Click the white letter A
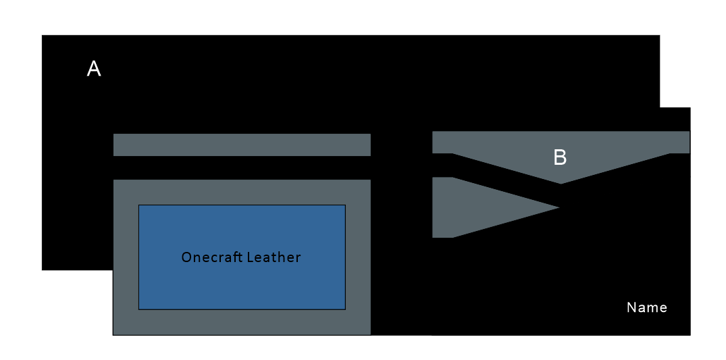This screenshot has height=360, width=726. click(94, 68)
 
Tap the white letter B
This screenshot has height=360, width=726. click(560, 157)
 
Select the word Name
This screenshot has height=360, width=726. click(646, 308)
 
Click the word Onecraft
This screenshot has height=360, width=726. click(211, 257)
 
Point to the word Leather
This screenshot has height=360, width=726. click(274, 257)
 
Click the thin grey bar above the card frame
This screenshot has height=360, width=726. click(242, 145)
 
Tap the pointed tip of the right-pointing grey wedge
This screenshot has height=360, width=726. click(559, 207)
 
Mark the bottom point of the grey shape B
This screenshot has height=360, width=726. click(561, 183)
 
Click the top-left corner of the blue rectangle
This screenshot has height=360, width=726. click(139, 205)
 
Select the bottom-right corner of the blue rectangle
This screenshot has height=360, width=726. click(345, 309)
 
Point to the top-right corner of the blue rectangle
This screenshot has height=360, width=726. click(345, 205)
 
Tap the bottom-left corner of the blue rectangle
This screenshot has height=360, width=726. click(139, 309)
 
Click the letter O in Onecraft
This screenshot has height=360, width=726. click(186, 257)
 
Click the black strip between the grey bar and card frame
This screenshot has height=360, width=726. click(242, 168)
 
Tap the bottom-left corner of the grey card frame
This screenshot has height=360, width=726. click(113, 334)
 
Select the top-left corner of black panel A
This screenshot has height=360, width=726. click(43, 36)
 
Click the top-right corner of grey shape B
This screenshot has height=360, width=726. click(689, 132)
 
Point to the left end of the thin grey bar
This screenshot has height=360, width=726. click(114, 145)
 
